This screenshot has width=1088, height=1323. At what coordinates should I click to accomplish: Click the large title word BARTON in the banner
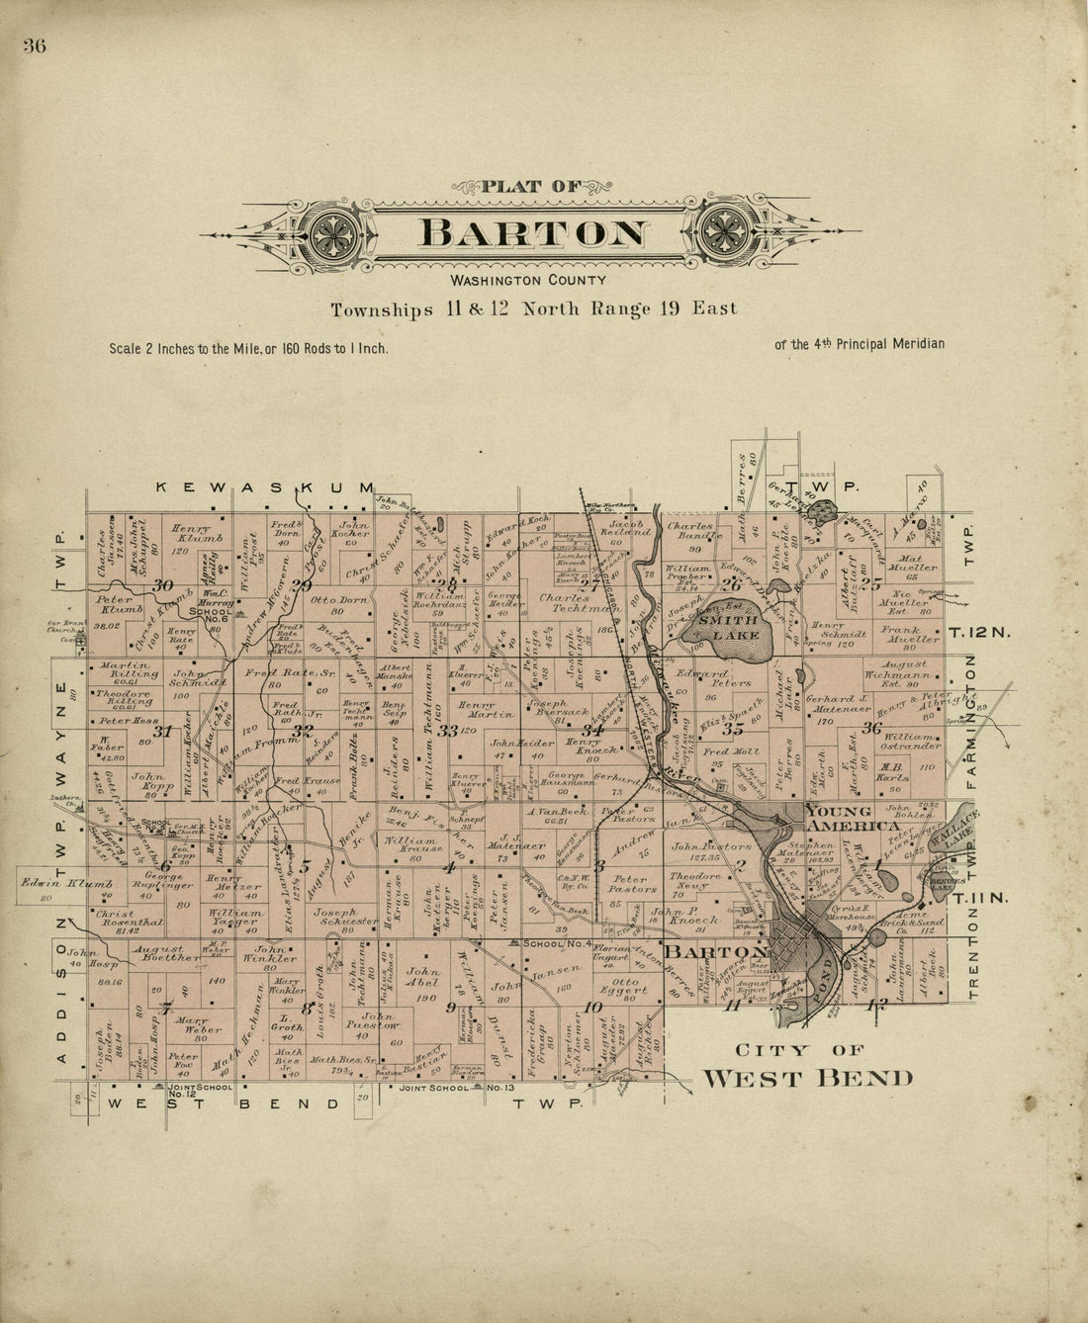click(534, 233)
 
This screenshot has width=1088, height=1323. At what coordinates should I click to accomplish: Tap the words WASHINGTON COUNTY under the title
click(533, 281)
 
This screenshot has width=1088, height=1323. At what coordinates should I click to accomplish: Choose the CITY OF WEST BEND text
click(806, 1066)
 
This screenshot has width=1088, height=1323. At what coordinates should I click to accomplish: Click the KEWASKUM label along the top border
click(267, 487)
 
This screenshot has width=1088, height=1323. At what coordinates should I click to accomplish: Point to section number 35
click(733, 730)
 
